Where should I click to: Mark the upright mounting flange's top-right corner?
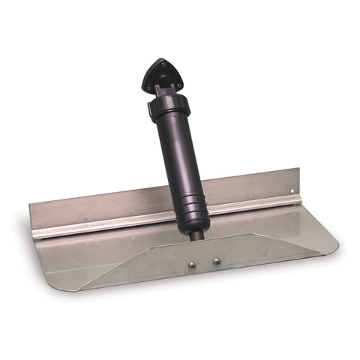[x=298, y=172]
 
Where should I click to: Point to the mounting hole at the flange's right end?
[x=291, y=191]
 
